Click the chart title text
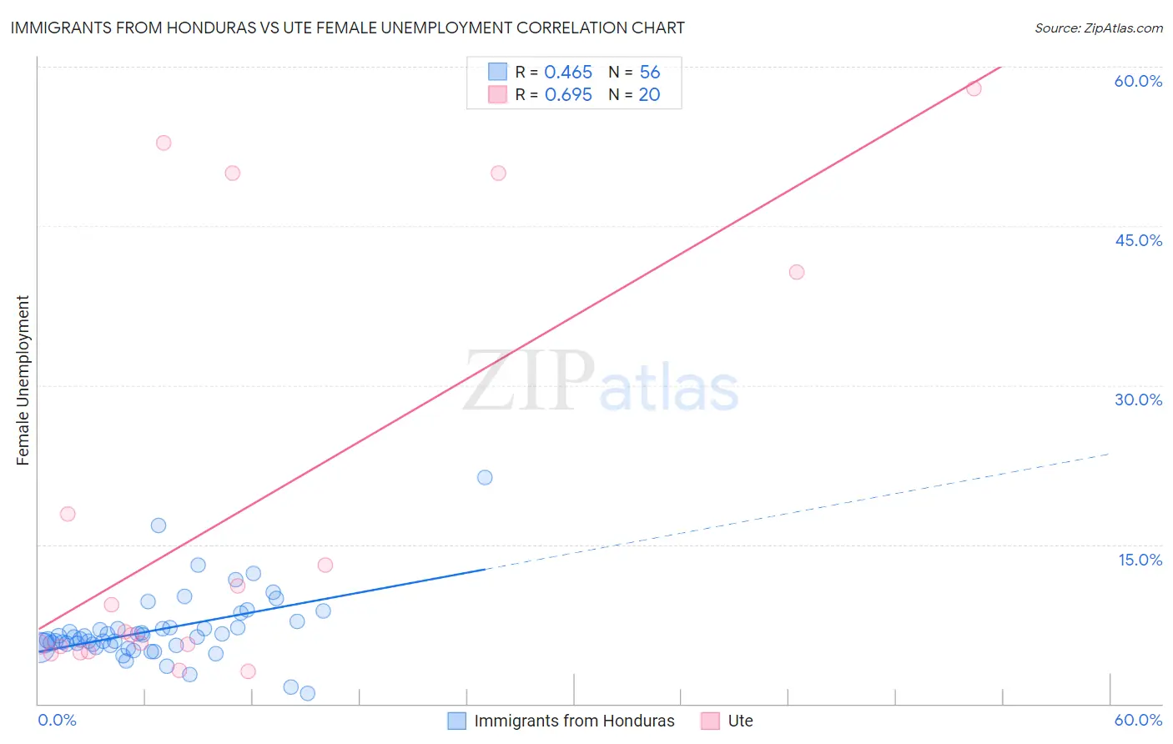[x=347, y=28]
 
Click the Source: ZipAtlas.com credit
[x=1098, y=28]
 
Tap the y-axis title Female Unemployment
[x=23, y=380]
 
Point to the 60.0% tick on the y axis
[x=1138, y=81]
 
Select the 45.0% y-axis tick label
[x=1138, y=240]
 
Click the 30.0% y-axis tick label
[x=1138, y=400]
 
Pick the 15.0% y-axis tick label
[x=1140, y=560]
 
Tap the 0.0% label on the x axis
[x=58, y=720]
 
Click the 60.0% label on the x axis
[x=1138, y=720]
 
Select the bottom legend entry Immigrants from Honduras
[x=574, y=721]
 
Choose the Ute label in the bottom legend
[x=740, y=721]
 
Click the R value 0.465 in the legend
[x=568, y=73]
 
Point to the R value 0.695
[x=568, y=95]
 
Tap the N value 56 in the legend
[x=650, y=73]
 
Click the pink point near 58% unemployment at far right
[x=974, y=88]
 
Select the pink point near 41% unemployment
[x=797, y=272]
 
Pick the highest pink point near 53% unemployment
[x=164, y=143]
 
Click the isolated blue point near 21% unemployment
[x=485, y=477]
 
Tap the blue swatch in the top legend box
[x=497, y=72]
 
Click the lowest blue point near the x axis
[x=307, y=693]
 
